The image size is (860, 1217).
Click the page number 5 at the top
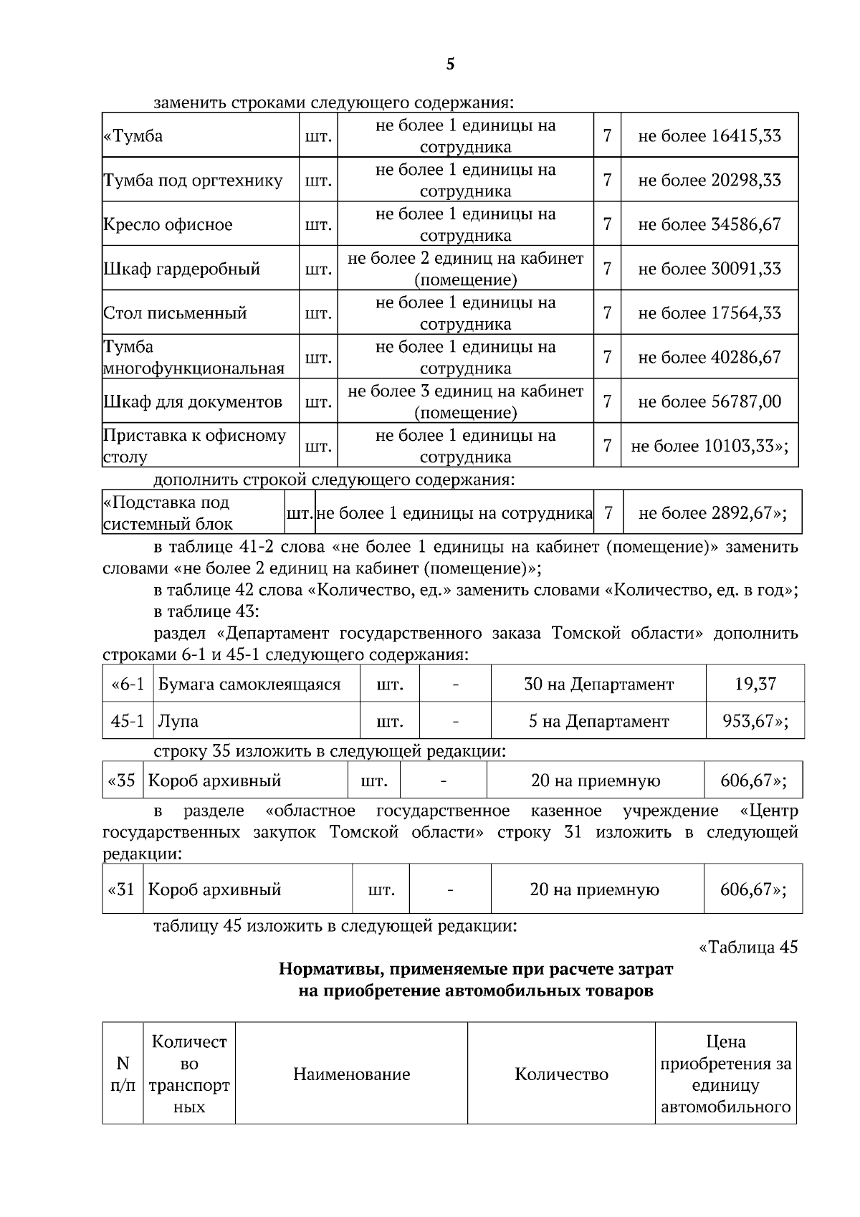450,65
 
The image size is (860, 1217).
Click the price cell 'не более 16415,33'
709,135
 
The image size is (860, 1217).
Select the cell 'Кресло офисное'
168,224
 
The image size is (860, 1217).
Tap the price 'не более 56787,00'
709,401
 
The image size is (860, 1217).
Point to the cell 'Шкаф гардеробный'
182,269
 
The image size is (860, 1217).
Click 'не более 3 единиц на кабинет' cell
465,391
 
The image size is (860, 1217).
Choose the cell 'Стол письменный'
176,313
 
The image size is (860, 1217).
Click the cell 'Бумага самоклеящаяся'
249,684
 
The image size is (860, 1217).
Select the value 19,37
755,684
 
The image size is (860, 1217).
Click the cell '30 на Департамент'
598,684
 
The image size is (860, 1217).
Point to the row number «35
122,781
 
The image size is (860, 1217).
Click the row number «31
122,889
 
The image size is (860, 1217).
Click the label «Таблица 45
747,948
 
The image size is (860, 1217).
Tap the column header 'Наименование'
351,1074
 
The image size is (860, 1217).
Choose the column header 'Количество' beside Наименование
561,1074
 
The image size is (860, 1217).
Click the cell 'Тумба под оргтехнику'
193,180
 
